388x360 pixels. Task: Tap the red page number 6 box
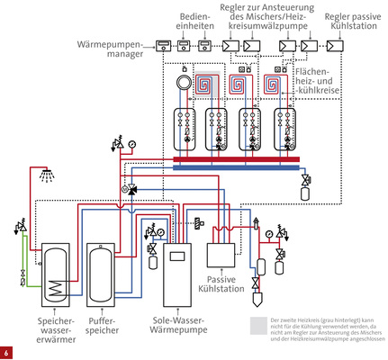click(x=6, y=352)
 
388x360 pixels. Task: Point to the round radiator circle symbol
click(x=183, y=86)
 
